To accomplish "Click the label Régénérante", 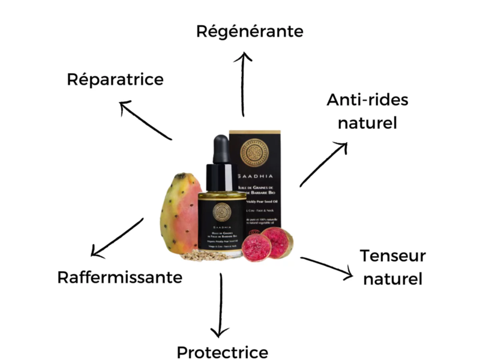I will (x=250, y=31).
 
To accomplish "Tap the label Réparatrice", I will (x=115, y=79).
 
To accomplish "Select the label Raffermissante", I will (x=119, y=278).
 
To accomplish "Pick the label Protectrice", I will (x=222, y=352).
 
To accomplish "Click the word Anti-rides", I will (x=367, y=100).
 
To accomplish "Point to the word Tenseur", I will (x=393, y=256).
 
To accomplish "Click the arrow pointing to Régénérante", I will (x=243, y=84).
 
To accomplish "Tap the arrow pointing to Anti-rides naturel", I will (x=323, y=164).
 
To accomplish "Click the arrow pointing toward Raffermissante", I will (x=116, y=236).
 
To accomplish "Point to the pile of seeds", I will (x=198, y=256).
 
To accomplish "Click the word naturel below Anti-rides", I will (x=367, y=124).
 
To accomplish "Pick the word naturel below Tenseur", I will (x=393, y=279).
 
